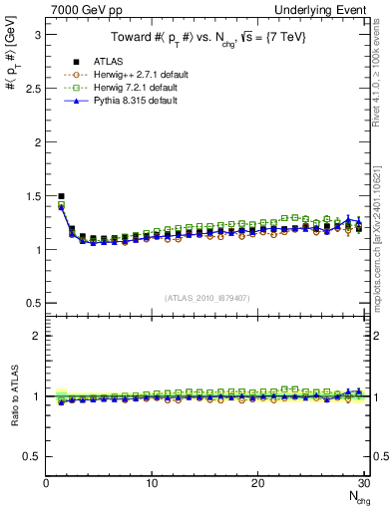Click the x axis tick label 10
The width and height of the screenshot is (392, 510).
pyautogui.click(x=152, y=484)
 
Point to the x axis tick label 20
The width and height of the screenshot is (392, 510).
pyautogui.click(x=257, y=484)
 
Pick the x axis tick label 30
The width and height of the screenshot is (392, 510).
pyautogui.click(x=363, y=484)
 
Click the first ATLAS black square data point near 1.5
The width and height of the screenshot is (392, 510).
pyautogui.click(x=62, y=196)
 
